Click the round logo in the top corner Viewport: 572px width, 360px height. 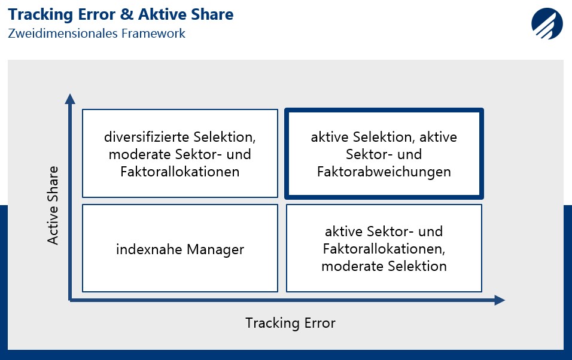(547, 23)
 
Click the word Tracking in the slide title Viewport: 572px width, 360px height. (41, 15)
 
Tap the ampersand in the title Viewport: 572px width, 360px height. (126, 14)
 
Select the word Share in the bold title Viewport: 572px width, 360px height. (212, 14)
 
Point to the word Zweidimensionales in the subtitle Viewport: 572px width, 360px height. (63, 33)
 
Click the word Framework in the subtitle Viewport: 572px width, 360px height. (153, 33)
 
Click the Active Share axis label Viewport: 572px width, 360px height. (53, 205)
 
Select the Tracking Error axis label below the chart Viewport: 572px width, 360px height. (290, 323)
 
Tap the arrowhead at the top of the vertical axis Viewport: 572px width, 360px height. (70, 99)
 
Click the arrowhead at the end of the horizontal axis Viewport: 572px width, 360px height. (500, 300)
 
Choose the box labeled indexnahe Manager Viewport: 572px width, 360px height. (180, 248)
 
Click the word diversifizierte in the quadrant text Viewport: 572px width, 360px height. (146, 137)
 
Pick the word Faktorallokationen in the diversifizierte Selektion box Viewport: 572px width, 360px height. (180, 172)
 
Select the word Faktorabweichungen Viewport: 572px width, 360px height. (384, 172)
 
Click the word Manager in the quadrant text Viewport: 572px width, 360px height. (215, 249)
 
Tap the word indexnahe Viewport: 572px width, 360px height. (149, 249)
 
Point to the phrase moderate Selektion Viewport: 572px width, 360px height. (384, 266)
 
